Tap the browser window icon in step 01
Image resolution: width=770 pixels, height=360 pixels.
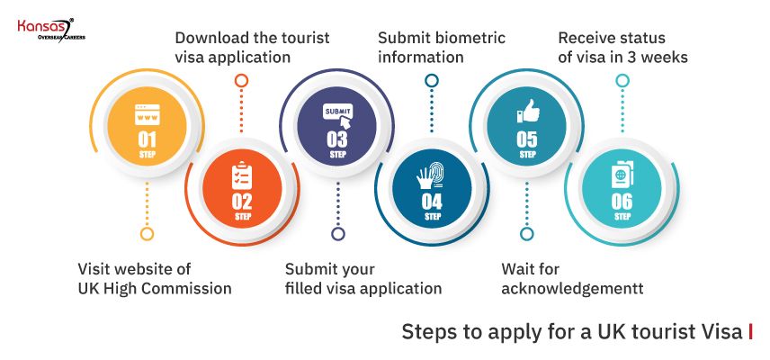[x=147, y=116]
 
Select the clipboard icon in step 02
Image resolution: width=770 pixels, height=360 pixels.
[x=242, y=175]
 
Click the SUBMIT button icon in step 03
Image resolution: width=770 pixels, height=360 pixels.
[x=337, y=113]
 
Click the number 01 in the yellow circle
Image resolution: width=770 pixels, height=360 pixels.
[x=147, y=139]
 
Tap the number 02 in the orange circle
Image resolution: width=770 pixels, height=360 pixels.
[x=242, y=200]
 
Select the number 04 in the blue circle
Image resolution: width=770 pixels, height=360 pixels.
[x=432, y=200]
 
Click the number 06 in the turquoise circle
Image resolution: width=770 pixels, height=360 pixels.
[x=622, y=200]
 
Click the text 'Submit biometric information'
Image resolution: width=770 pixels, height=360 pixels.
[x=441, y=47]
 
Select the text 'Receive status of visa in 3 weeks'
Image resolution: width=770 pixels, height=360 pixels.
[x=622, y=47]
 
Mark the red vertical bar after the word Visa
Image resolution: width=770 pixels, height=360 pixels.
[x=749, y=332]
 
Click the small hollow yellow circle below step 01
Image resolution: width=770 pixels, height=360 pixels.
[x=147, y=234]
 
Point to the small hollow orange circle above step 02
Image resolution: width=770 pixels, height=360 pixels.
[x=241, y=81]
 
